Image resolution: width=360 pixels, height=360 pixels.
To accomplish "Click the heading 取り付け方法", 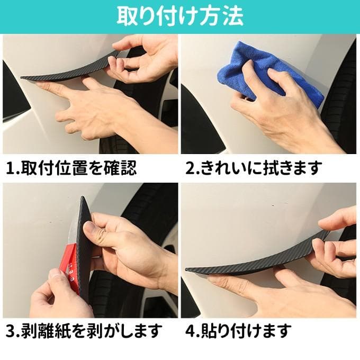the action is [180, 16].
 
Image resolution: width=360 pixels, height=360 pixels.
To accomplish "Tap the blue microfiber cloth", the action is [264, 71].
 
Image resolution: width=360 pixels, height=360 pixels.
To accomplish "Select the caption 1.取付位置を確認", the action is [71, 168].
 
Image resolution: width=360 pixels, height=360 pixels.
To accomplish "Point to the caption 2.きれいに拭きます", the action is [254, 168].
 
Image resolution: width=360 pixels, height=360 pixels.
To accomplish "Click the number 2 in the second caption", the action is [191, 168].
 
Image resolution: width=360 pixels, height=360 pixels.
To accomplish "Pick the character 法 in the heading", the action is [232, 16].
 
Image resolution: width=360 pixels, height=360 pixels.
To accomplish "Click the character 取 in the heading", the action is [127, 16].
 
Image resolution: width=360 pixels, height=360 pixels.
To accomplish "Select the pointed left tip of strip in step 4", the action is [186, 269].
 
